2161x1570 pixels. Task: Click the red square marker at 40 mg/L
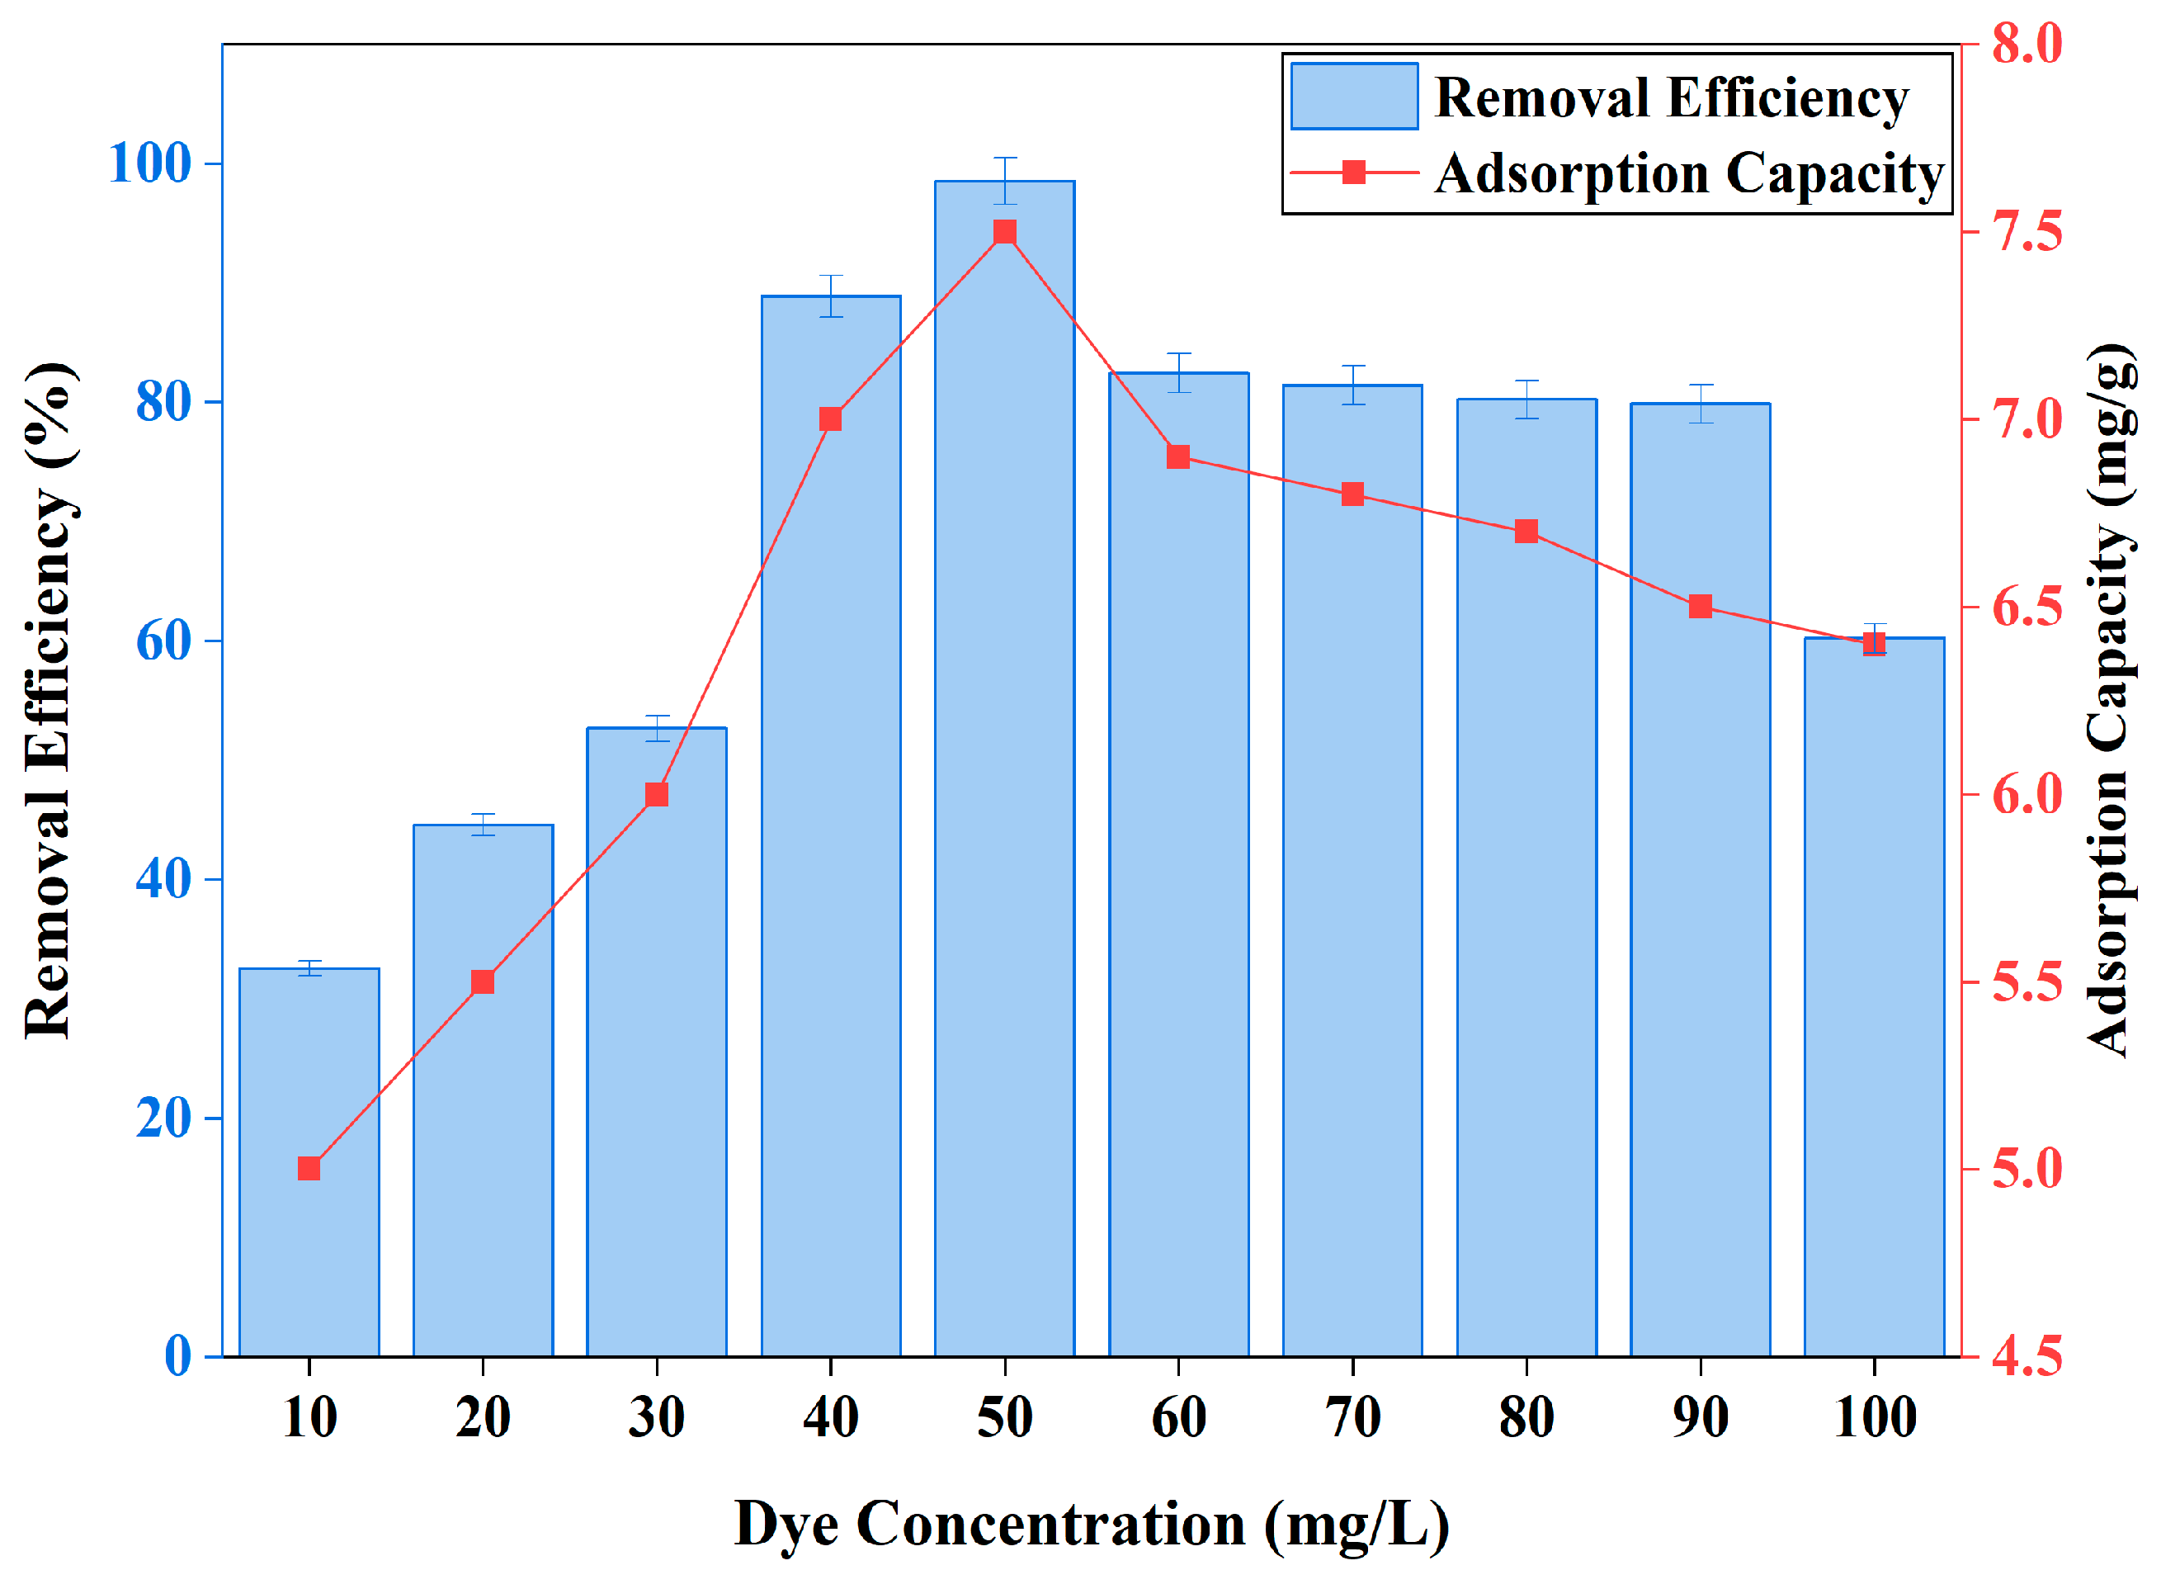[x=830, y=419]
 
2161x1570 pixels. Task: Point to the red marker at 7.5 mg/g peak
[x=1004, y=233]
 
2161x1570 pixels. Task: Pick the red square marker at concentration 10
[x=309, y=1169]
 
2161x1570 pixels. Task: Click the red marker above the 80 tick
[x=1526, y=531]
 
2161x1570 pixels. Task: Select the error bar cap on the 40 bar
[x=830, y=277]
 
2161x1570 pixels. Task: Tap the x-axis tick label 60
[x=1178, y=1417]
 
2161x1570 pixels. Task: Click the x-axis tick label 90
[x=1700, y=1417]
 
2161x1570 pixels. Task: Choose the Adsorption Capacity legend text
[x=1688, y=173]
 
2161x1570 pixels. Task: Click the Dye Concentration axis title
[x=1091, y=1523]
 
